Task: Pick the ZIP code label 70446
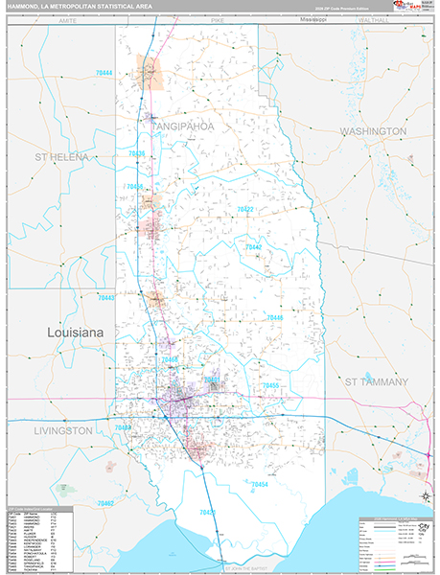274,317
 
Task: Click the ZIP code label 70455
270,385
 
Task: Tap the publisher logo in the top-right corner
417,9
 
